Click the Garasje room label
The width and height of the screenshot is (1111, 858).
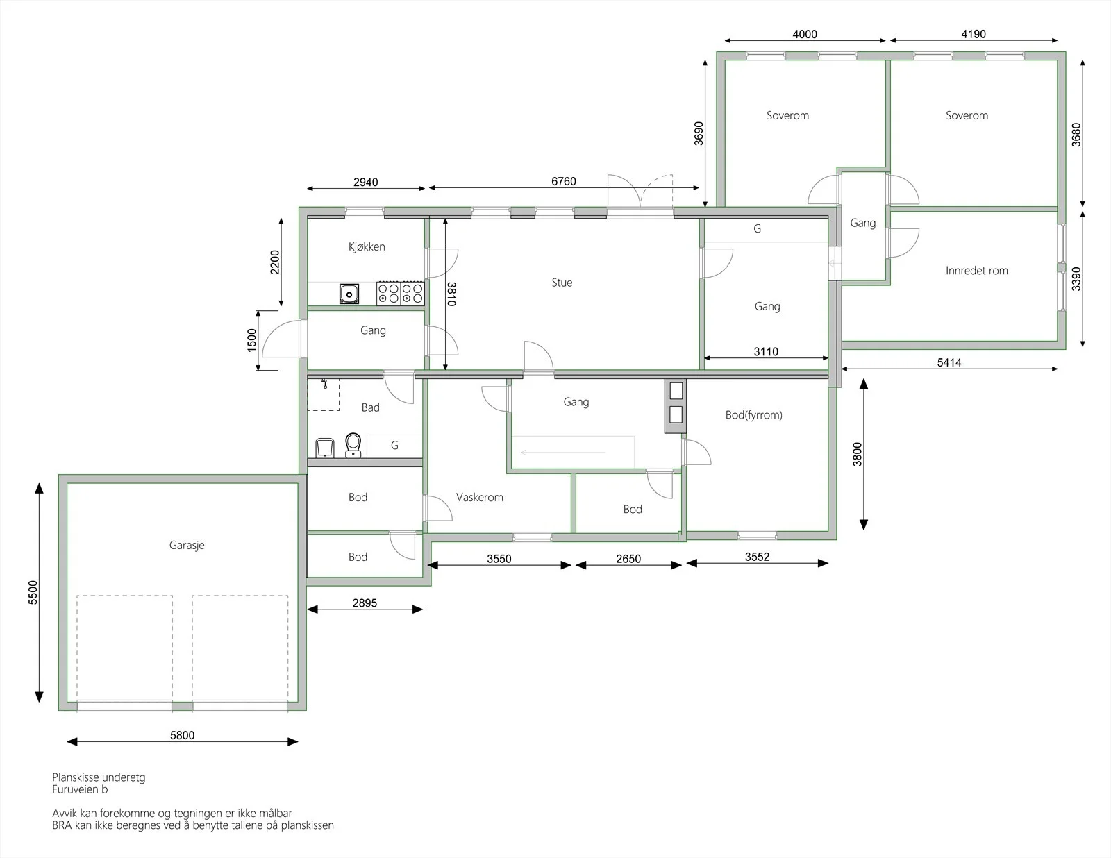187,545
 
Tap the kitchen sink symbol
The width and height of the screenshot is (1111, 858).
349,294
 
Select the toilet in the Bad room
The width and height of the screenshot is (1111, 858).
353,445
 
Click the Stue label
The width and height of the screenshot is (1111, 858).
562,283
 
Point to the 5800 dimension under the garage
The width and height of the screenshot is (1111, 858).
183,735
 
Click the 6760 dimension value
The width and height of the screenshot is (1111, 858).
563,181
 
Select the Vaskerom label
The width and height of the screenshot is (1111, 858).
480,497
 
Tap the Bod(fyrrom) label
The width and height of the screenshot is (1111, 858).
753,415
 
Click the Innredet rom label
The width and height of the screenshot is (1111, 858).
976,271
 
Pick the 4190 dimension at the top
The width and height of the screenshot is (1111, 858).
974,34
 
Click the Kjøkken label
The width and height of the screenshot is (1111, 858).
367,247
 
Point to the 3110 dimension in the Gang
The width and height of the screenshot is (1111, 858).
766,351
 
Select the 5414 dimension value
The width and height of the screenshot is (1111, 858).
949,363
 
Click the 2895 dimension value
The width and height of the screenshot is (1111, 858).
365,603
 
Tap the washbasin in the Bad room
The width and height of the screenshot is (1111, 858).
325,448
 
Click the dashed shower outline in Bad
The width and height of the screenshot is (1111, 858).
323,394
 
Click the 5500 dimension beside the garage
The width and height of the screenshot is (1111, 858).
33,593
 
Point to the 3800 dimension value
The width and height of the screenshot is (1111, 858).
858,454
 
